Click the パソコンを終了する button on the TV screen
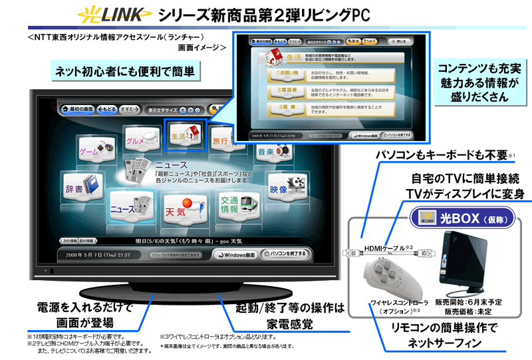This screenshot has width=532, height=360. click(x=285, y=254)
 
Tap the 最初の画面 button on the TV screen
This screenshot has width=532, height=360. click(x=78, y=108)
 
